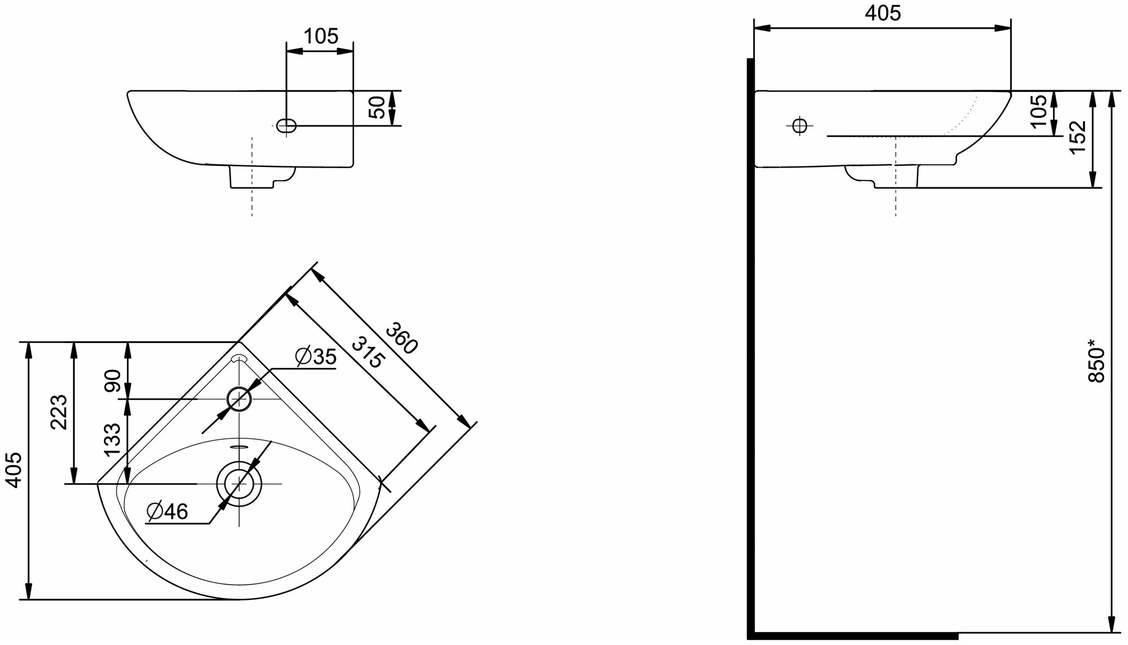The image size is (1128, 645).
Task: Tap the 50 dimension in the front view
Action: [x=378, y=107]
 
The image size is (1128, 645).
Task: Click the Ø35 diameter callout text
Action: [x=315, y=357]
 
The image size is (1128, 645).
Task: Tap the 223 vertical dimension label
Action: [x=59, y=412]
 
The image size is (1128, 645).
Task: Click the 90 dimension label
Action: [x=113, y=381]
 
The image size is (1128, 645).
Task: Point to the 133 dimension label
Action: [x=113, y=440]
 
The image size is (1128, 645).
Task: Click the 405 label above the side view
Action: [x=883, y=14]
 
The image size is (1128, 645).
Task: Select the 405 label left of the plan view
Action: [x=14, y=470]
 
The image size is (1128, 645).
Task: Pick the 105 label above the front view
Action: [x=320, y=37]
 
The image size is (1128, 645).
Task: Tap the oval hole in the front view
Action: [x=287, y=126]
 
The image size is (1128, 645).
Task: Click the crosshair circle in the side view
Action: [x=799, y=126]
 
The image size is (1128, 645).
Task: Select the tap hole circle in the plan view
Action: [x=240, y=400]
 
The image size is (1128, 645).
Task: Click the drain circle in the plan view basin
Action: [x=240, y=484]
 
